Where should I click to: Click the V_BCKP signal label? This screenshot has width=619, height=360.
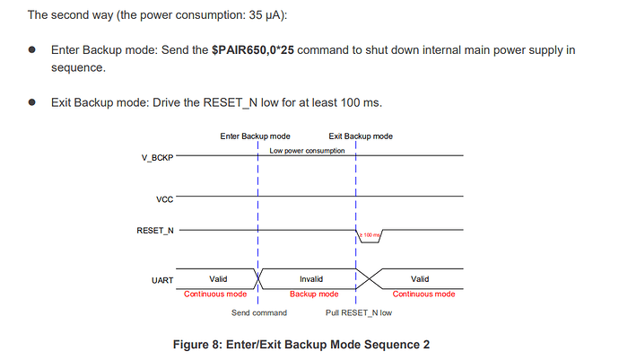click(158, 157)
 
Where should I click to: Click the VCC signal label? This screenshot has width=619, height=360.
click(164, 198)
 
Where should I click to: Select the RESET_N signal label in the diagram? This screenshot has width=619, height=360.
click(153, 231)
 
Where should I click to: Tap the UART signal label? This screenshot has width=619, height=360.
click(162, 280)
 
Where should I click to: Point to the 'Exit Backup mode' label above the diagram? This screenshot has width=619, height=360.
click(354, 136)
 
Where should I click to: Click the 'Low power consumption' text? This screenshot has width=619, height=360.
click(307, 150)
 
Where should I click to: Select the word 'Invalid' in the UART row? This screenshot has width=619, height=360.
click(310, 279)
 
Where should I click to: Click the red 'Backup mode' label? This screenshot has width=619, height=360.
click(314, 294)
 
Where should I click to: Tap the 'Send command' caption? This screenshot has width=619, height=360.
click(259, 312)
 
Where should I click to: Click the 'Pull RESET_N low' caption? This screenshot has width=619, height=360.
click(359, 312)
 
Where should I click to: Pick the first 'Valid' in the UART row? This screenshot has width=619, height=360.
click(218, 279)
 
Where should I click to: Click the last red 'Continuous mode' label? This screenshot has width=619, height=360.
click(423, 294)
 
